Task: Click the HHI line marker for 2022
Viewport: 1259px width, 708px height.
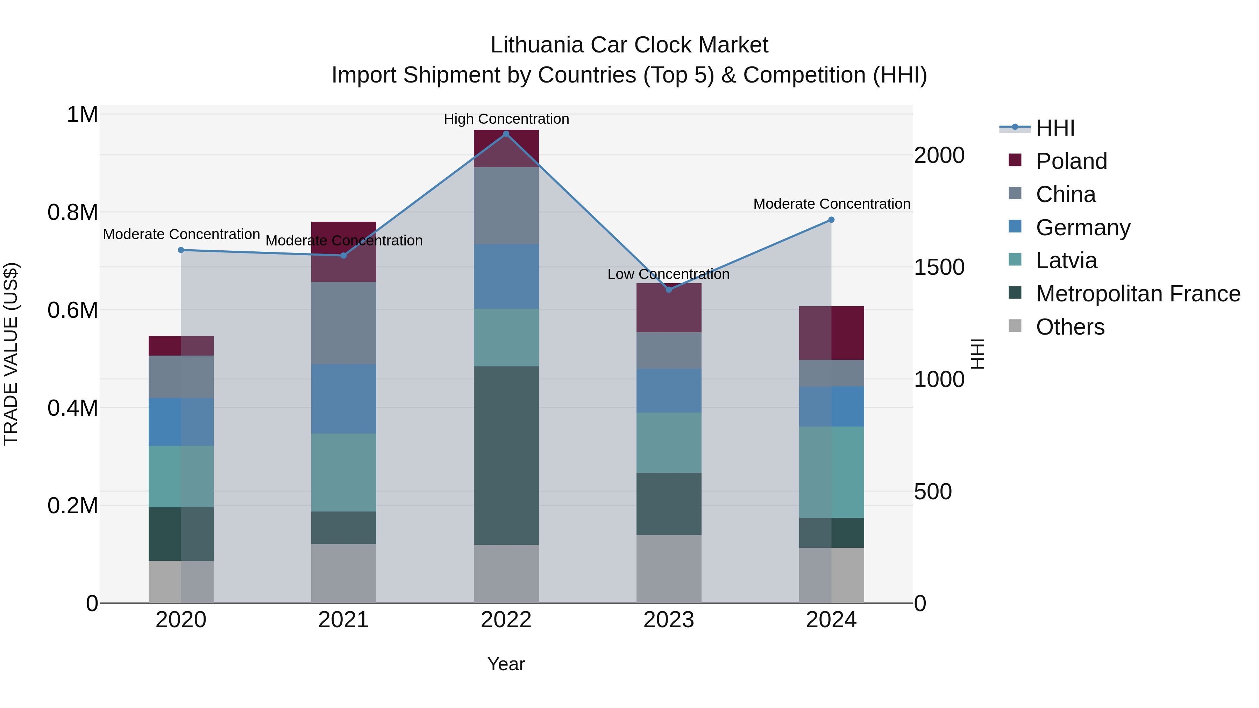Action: pyautogui.click(x=506, y=134)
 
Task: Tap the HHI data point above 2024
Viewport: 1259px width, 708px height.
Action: pyautogui.click(x=831, y=220)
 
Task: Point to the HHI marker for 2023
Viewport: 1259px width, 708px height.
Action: pyautogui.click(x=669, y=290)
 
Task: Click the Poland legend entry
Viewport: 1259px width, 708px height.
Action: pyautogui.click(x=1071, y=161)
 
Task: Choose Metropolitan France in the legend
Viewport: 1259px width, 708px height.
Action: pyautogui.click(x=1137, y=294)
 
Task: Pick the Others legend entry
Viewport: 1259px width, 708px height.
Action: pyautogui.click(x=1070, y=327)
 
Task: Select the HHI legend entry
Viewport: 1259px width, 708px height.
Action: pyautogui.click(x=1055, y=128)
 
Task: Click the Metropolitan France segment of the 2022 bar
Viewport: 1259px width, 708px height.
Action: pyautogui.click(x=506, y=455)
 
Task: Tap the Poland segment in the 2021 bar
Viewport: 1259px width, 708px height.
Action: pyautogui.click(x=343, y=252)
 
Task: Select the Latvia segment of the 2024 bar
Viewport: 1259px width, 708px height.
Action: pyautogui.click(x=831, y=472)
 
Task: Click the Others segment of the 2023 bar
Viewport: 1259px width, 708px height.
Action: pyautogui.click(x=669, y=569)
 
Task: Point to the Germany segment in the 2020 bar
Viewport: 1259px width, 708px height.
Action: pyautogui.click(x=181, y=422)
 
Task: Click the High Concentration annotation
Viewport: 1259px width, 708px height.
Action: pyautogui.click(x=506, y=119)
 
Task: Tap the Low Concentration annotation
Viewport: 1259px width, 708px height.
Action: pyautogui.click(x=668, y=274)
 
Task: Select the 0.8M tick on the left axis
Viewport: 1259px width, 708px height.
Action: pyautogui.click(x=72, y=213)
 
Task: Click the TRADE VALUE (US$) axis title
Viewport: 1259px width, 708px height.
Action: pyautogui.click(x=11, y=354)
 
